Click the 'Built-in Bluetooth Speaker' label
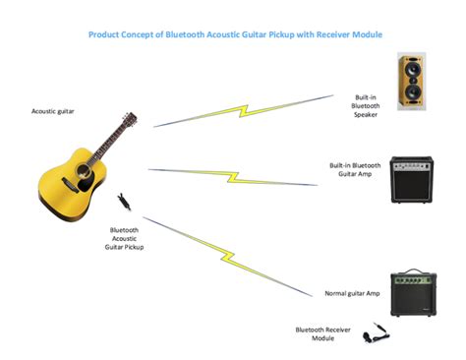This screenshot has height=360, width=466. pos(367,106)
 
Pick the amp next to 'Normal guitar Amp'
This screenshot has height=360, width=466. pos(411,293)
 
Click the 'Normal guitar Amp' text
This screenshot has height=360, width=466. pos(352,293)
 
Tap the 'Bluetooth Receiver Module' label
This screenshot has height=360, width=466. pos(323,333)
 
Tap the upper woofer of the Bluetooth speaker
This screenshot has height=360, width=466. pos(412,72)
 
